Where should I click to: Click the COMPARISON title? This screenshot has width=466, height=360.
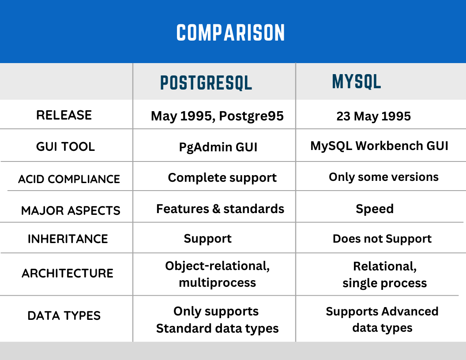tap(231, 33)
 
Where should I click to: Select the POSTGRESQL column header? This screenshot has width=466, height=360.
tap(206, 82)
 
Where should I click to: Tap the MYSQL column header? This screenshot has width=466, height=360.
tap(356, 82)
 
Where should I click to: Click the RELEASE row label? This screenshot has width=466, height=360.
tap(64, 115)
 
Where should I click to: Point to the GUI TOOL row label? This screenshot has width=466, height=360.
tap(65, 146)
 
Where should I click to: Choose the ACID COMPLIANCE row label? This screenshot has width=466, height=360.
tap(69, 179)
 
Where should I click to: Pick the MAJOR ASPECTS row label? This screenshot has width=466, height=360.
tap(71, 210)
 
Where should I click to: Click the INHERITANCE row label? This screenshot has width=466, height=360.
tap(68, 239)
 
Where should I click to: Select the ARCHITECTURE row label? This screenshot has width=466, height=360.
tap(68, 273)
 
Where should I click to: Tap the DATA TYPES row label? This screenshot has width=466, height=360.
tap(64, 315)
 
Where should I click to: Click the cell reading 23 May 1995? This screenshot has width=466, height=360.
tap(373, 116)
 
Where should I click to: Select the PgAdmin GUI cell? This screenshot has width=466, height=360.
tap(218, 147)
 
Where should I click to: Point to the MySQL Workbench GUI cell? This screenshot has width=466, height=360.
tap(379, 146)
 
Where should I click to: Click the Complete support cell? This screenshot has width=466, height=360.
tap(222, 178)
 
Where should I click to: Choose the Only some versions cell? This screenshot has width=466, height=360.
tap(383, 177)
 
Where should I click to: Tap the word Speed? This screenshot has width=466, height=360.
tap(374, 209)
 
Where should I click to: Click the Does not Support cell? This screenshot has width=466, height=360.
tap(382, 239)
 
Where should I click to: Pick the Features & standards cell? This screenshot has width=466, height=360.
tap(220, 209)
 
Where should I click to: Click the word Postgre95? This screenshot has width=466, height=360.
tap(251, 116)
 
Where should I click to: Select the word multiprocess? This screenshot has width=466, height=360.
tap(217, 283)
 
